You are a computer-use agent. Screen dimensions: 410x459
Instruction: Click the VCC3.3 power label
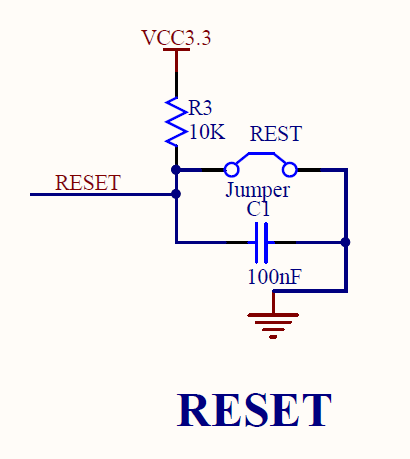point(176,37)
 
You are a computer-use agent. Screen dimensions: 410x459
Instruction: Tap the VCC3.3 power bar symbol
point(176,50)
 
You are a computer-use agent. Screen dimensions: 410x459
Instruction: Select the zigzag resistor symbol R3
point(176,122)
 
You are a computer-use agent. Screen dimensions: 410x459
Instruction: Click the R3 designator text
point(200,108)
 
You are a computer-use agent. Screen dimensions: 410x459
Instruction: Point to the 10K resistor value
point(207,132)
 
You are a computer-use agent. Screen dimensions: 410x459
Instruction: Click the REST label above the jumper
point(276,134)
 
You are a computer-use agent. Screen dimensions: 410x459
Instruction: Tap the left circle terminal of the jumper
point(231,170)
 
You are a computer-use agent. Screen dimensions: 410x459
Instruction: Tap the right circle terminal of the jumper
point(289,170)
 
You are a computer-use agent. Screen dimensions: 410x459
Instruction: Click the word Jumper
point(258,190)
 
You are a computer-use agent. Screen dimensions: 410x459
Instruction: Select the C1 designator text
point(258,209)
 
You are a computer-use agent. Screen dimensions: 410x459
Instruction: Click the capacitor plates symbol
point(261,242)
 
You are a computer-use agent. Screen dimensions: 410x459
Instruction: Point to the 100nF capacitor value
point(275,276)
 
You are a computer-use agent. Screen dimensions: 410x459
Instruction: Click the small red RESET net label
point(88,183)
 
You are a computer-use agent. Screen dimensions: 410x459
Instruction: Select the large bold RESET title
point(254,410)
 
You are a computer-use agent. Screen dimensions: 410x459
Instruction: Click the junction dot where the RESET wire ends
point(176,194)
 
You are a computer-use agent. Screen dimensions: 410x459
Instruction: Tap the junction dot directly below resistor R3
point(176,170)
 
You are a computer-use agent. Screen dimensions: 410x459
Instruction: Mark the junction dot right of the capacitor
point(346,242)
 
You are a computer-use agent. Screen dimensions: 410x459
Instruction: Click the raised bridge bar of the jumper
point(261,154)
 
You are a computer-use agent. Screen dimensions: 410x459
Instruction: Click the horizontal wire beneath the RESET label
point(103,194)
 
